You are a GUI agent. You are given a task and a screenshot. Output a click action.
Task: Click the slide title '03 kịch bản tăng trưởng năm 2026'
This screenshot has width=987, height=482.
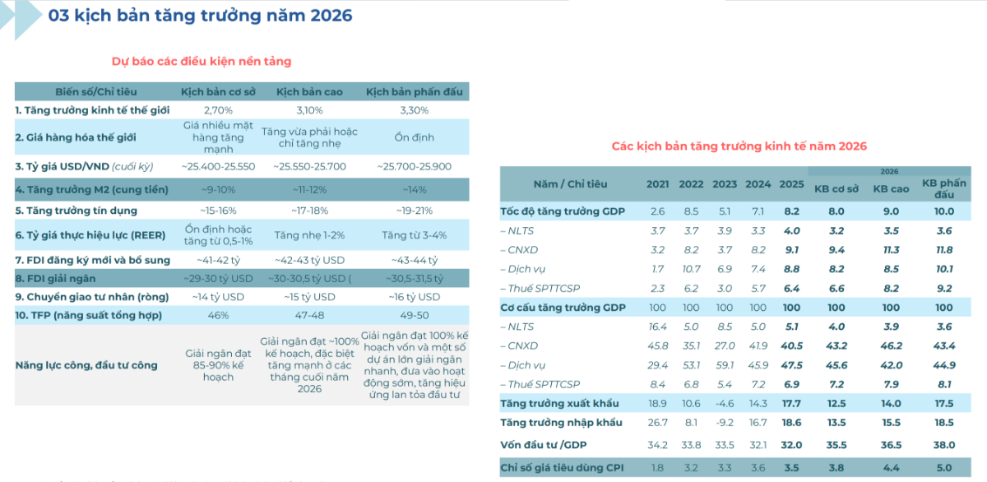click(200, 16)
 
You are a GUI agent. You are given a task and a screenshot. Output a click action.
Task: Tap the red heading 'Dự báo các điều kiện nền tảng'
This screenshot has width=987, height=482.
click(202, 61)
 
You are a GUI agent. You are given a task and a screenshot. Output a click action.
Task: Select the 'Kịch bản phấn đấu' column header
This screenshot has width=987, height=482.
click(415, 91)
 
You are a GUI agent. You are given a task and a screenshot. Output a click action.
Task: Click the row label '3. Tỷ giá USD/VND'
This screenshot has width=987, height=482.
click(84, 166)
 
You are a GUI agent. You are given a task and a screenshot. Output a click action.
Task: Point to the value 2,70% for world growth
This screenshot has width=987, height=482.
click(218, 109)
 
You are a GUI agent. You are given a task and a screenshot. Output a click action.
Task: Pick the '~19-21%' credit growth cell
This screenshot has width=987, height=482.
click(415, 210)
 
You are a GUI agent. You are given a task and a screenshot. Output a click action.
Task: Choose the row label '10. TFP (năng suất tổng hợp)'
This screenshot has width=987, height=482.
click(88, 315)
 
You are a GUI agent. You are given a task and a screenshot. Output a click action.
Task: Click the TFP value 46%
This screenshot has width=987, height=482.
click(218, 315)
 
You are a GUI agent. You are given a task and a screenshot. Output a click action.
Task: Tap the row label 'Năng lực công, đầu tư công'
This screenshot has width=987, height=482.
click(86, 365)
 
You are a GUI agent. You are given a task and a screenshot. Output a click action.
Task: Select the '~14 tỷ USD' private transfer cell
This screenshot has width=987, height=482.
click(218, 297)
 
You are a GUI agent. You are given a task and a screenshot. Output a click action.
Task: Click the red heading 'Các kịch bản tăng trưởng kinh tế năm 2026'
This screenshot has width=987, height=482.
click(739, 146)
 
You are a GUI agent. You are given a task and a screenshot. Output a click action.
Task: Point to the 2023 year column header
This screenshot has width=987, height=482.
click(725, 184)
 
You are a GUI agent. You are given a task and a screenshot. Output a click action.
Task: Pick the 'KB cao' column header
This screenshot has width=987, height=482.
click(891, 188)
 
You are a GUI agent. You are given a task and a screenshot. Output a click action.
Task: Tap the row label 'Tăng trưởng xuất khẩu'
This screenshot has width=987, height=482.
click(559, 403)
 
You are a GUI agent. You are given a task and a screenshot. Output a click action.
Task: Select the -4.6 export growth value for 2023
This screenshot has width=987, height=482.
click(725, 403)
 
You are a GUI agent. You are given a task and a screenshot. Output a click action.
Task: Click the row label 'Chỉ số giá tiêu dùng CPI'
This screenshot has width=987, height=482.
click(562, 468)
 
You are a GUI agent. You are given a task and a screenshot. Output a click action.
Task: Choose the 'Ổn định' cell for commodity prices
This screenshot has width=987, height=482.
click(415, 137)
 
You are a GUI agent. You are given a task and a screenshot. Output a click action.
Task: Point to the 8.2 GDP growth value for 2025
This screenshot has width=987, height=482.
click(791, 211)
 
